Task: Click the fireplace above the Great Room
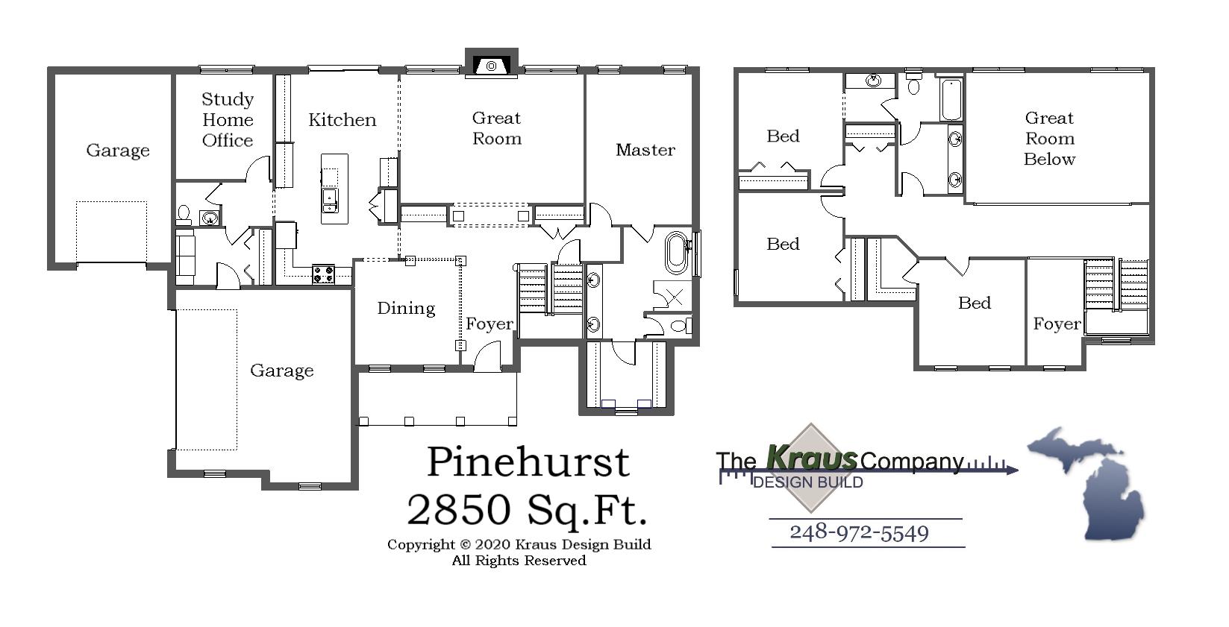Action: [491, 65]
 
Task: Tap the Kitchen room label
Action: [343, 120]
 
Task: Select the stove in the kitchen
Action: [323, 274]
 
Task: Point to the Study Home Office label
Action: [228, 120]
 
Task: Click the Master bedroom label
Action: [645, 150]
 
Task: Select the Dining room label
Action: [406, 308]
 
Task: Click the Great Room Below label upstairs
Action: [1049, 139]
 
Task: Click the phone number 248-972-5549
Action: [859, 532]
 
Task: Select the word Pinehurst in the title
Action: [528, 461]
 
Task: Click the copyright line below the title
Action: [519, 544]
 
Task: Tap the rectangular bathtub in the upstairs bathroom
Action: [951, 99]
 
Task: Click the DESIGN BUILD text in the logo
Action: [808, 482]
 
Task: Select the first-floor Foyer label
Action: [490, 324]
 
